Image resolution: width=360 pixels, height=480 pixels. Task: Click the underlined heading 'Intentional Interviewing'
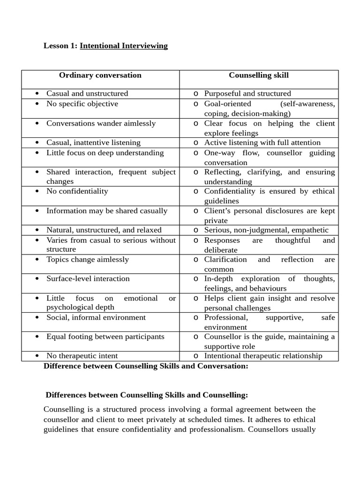(x=124, y=46)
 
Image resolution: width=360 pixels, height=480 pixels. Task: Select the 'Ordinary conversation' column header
(x=100, y=75)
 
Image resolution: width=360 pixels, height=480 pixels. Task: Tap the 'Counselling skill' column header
(x=259, y=75)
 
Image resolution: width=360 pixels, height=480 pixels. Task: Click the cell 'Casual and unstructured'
(x=87, y=94)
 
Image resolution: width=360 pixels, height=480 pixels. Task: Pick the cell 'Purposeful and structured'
(x=247, y=94)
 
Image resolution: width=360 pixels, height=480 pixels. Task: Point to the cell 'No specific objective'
(x=82, y=104)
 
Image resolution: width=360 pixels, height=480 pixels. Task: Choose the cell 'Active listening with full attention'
(x=262, y=143)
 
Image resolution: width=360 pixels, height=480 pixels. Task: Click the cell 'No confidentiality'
(x=77, y=191)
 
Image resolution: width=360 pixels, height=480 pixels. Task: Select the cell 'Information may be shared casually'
(x=106, y=211)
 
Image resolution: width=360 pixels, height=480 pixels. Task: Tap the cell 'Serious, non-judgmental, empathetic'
(x=266, y=230)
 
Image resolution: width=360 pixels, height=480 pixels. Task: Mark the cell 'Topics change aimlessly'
(x=87, y=260)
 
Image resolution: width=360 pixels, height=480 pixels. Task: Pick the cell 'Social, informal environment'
(x=96, y=318)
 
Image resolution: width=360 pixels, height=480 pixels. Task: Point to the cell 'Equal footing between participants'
(x=105, y=337)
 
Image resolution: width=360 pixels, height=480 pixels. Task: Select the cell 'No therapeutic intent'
(x=82, y=356)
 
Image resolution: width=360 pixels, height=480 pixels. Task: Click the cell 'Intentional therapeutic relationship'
(x=263, y=356)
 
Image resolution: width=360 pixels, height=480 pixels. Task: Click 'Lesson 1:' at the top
(x=60, y=46)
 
